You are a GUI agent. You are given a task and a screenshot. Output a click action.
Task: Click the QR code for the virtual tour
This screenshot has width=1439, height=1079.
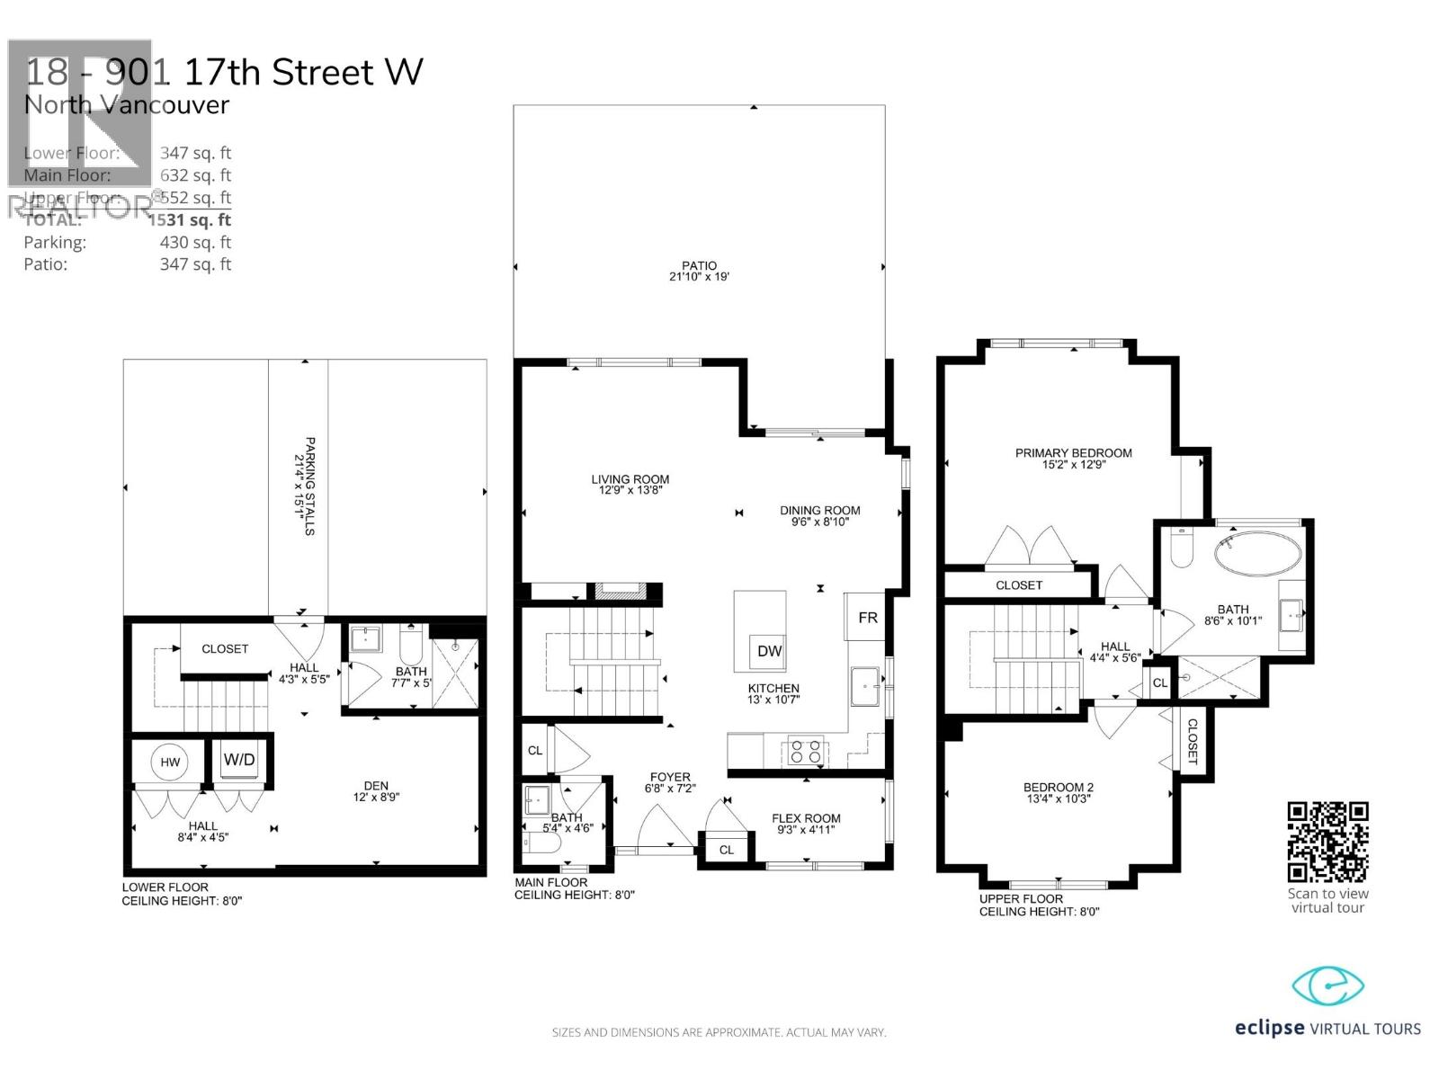click(1327, 842)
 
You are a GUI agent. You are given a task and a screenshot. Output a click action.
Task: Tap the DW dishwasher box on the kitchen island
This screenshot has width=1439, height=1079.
click(769, 651)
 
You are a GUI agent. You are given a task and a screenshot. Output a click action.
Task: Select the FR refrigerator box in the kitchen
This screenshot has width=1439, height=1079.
click(867, 617)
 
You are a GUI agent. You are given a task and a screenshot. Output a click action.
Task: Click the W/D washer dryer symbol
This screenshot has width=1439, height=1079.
click(239, 760)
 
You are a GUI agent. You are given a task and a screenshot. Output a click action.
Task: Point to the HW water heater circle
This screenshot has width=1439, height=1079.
click(170, 762)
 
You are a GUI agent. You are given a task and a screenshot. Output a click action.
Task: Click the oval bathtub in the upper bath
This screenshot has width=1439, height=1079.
click(1257, 553)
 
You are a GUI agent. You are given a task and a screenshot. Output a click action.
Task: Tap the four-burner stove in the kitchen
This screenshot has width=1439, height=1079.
click(806, 750)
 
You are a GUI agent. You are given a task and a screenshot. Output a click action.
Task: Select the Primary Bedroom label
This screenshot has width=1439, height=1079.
click(1073, 453)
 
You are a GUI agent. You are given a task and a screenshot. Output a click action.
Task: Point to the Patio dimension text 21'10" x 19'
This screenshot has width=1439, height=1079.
click(699, 277)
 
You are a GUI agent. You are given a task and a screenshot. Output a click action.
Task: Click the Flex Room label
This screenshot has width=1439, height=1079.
click(806, 818)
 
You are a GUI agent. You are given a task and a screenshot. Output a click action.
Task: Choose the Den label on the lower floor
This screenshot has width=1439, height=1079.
click(376, 786)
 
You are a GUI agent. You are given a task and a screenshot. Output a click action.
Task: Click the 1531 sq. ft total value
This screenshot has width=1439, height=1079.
click(190, 219)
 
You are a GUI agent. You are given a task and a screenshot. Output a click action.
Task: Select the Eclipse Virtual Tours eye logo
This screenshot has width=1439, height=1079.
click(1327, 986)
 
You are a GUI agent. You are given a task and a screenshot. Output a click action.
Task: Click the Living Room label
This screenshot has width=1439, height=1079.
click(630, 479)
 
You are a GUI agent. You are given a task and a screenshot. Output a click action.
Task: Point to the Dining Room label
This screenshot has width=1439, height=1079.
click(819, 510)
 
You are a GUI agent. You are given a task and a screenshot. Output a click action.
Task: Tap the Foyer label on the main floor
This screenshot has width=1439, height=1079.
click(670, 777)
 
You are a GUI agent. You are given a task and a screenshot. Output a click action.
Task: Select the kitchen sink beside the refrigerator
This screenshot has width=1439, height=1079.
click(865, 687)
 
